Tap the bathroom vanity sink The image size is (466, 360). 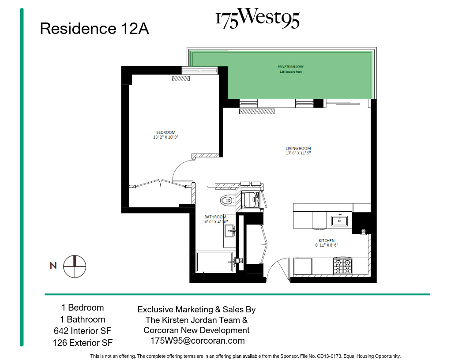tap(229, 231)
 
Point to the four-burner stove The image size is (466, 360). tap(343, 266)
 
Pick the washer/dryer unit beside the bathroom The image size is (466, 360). tap(252, 199)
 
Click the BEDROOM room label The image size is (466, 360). tap(165, 132)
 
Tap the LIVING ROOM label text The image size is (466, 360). tap(298, 149)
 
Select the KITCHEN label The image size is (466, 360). tap(327, 240)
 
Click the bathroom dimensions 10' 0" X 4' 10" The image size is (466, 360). tap(215, 222)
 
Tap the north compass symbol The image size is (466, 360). tap(75, 266)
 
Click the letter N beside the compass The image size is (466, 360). tap(53, 266)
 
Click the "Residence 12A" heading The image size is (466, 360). tap(94, 29)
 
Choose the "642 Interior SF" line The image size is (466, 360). tap(83, 331)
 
